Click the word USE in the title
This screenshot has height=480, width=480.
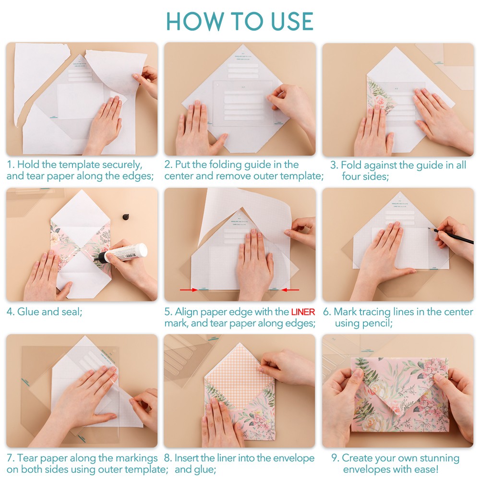click(285, 22)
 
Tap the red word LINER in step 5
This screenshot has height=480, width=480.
click(302, 312)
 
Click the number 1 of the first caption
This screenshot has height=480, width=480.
click(10, 165)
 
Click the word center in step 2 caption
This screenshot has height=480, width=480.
click(180, 176)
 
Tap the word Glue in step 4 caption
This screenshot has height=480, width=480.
click(28, 312)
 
